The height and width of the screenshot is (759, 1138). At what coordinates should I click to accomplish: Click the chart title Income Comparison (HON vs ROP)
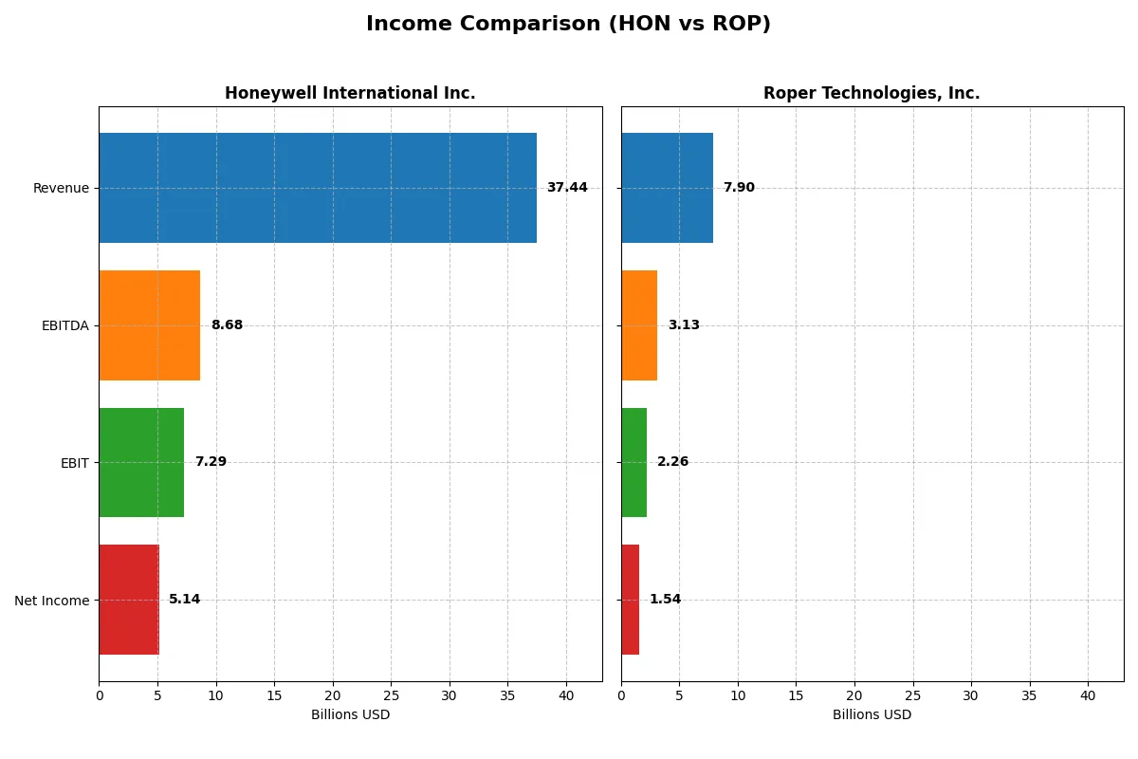[568, 25]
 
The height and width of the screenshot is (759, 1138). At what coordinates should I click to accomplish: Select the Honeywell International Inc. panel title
[350, 93]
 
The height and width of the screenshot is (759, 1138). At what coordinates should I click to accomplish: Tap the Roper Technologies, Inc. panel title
[872, 93]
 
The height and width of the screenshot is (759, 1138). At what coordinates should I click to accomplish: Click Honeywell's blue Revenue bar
[318, 188]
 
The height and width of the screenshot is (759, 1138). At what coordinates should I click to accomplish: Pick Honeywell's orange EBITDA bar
[149, 325]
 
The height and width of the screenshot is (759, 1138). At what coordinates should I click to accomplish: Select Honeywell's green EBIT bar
[141, 462]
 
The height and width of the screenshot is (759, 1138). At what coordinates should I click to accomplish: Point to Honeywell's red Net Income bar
[129, 600]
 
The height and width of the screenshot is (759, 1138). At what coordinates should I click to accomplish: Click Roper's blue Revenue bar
[667, 188]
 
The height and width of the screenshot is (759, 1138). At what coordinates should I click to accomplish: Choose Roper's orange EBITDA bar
[639, 325]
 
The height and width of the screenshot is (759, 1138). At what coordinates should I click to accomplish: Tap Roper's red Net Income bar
[630, 600]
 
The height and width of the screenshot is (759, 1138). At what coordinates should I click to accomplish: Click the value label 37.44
[567, 188]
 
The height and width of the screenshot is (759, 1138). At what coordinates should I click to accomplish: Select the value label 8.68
[227, 325]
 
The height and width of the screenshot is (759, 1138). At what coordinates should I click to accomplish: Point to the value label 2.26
[673, 462]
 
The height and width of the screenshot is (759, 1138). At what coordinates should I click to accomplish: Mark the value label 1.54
[665, 600]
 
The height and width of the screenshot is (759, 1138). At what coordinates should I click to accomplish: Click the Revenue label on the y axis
[61, 189]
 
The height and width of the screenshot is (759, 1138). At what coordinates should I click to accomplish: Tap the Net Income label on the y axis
[52, 601]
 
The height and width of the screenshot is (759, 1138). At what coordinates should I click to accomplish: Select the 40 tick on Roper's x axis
[1088, 695]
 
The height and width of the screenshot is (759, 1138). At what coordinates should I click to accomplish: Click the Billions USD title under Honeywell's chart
[350, 715]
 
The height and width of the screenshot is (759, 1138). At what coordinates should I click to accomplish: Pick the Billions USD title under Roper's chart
[872, 715]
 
